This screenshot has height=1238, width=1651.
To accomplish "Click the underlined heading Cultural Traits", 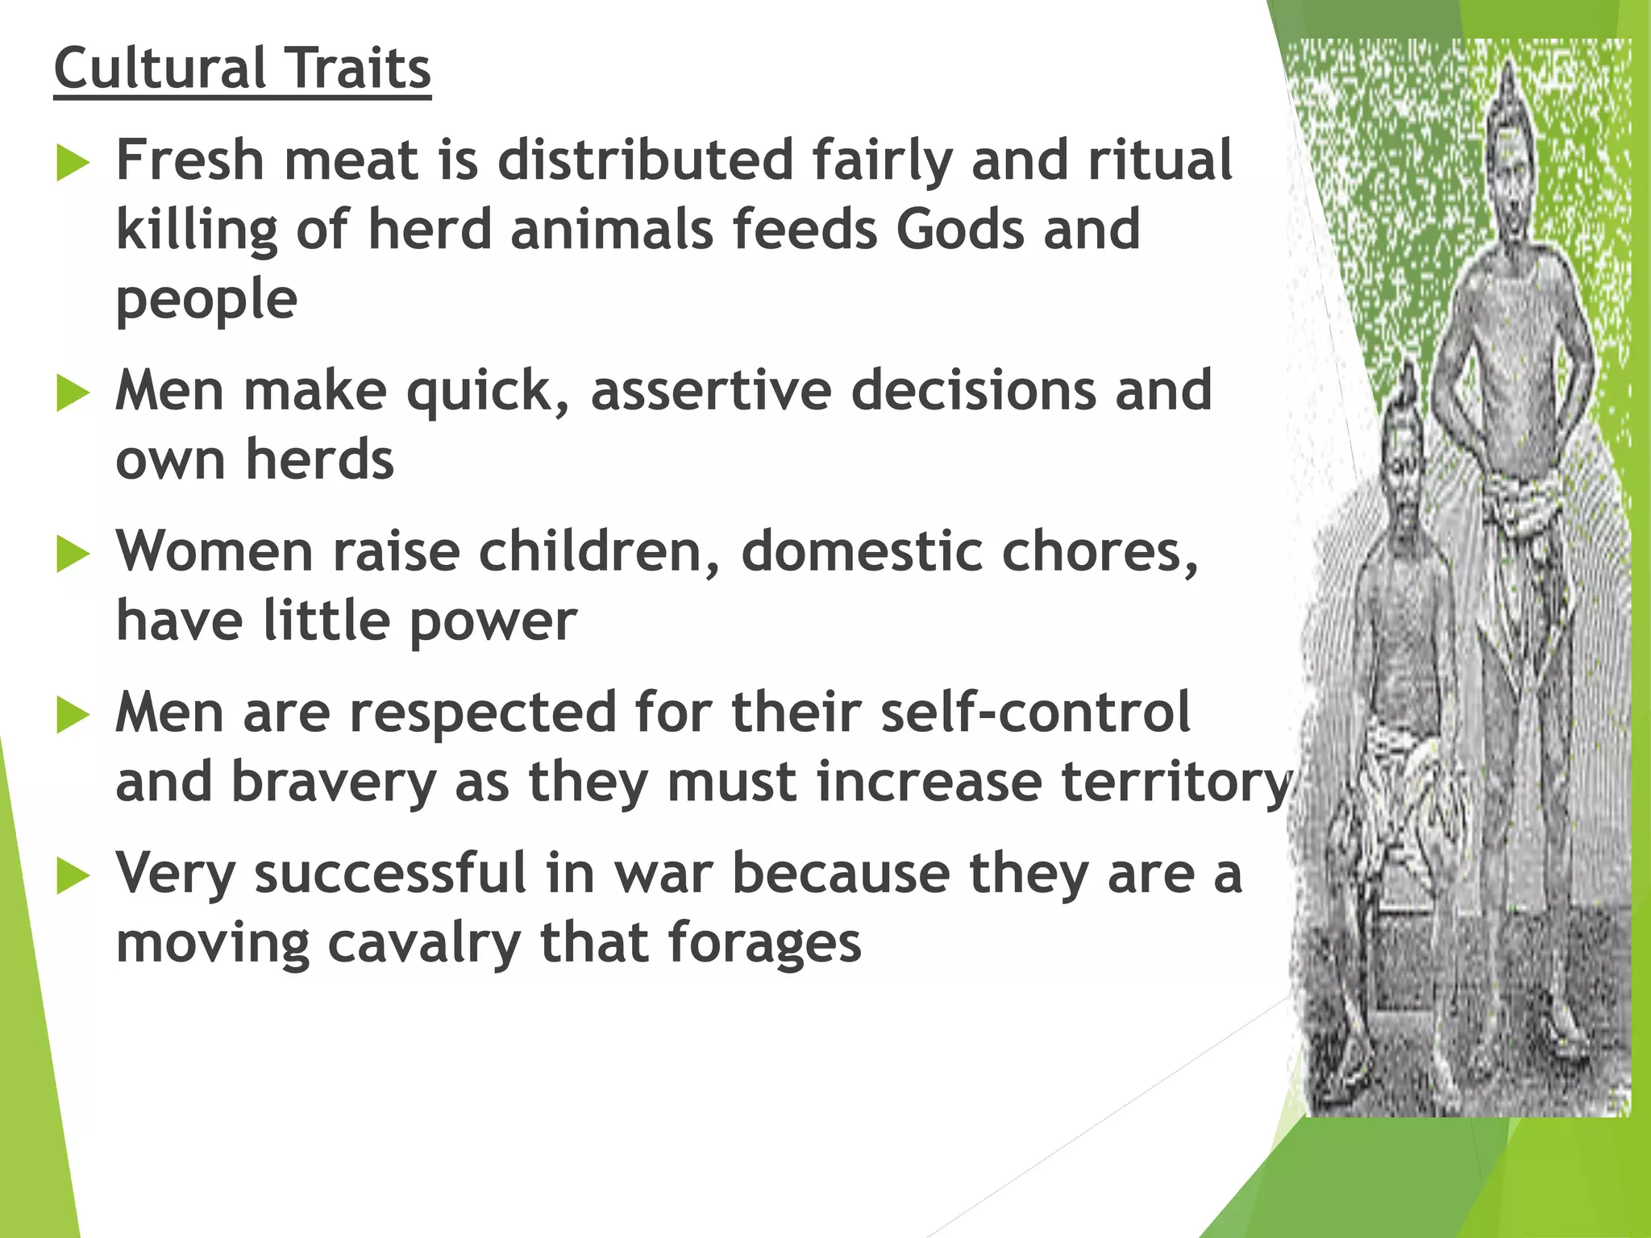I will point(242,69).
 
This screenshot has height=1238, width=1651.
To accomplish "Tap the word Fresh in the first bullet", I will point(190,160).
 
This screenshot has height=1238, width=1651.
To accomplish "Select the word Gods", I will point(959,230).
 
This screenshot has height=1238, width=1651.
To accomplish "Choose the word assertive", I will point(711,391).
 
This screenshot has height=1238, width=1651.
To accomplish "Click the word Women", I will point(214,552).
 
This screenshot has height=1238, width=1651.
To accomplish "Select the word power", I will point(493,622).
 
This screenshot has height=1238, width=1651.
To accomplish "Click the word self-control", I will point(1035,712).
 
